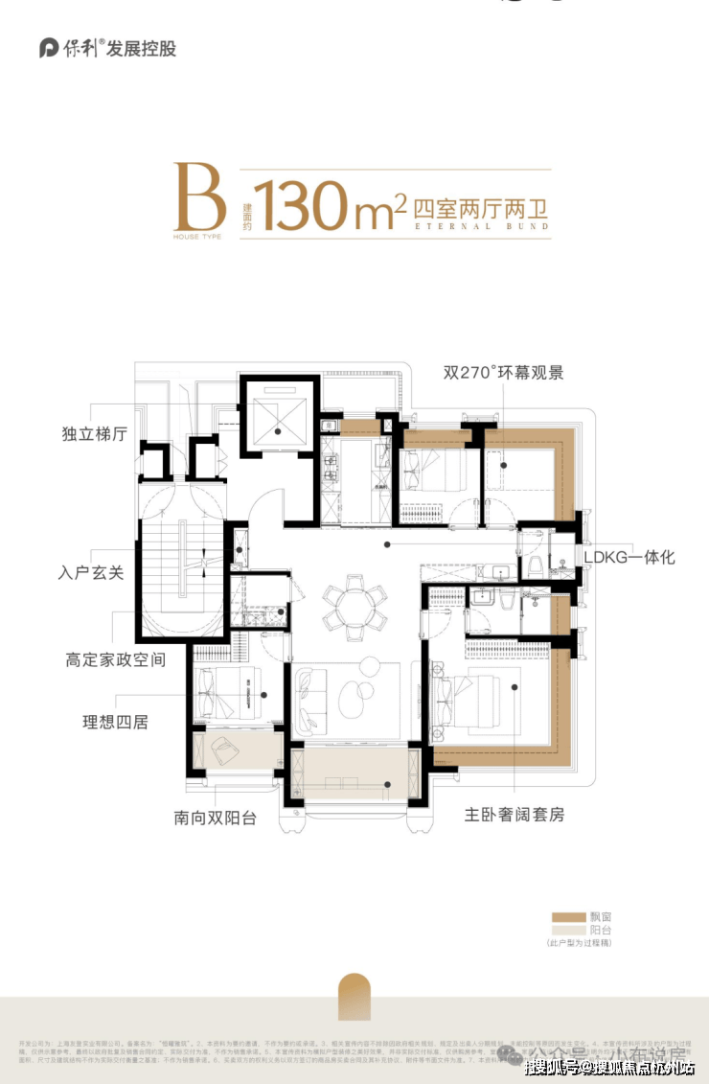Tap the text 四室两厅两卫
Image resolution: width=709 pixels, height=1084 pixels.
point(480,205)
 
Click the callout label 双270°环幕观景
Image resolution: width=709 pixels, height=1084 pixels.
point(503,372)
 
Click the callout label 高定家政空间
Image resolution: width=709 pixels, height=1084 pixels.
point(116,660)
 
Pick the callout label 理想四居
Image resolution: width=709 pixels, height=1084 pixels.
point(114,722)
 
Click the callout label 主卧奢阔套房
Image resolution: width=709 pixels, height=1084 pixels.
point(515,815)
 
